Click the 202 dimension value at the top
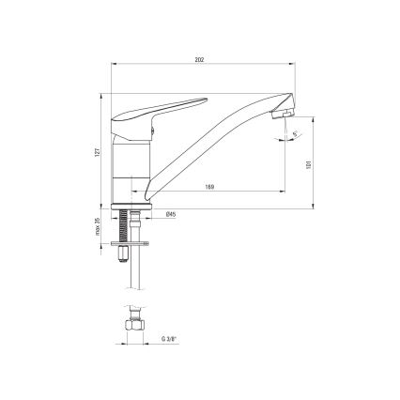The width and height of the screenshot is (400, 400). click(x=200, y=59)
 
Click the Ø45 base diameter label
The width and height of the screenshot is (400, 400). click(x=170, y=215)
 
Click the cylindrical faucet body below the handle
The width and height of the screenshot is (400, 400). click(x=131, y=169)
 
